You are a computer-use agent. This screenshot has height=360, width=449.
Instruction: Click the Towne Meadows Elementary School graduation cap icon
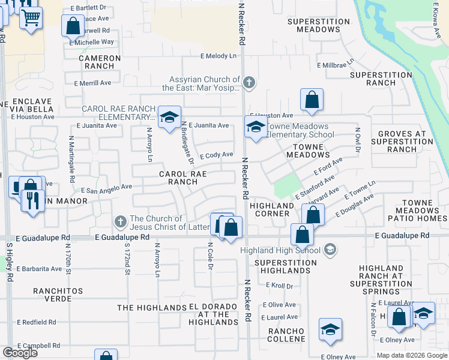tap(256, 128)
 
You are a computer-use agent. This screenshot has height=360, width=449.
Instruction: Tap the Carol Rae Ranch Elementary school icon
tap(170, 116)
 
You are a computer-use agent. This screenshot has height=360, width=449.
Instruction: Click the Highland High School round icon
tap(330, 249)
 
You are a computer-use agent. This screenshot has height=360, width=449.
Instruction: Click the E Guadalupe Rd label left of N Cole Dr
tap(122, 237)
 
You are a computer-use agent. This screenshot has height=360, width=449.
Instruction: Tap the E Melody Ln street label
tap(218, 56)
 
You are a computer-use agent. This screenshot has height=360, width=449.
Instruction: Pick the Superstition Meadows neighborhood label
tap(318, 25)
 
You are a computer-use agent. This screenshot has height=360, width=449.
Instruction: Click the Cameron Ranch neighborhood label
tap(100, 62)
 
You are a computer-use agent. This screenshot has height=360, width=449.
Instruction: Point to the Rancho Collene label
tap(287, 335)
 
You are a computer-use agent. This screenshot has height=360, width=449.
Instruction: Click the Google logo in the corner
tap(20, 353)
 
